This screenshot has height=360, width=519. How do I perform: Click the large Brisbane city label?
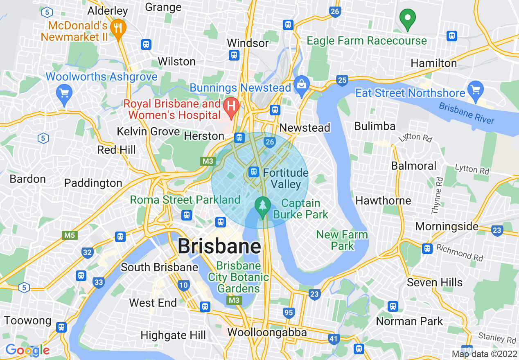click(x=219, y=247)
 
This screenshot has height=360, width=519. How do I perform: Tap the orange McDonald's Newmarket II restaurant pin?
click(x=118, y=28)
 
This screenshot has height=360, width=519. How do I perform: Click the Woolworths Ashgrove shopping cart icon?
click(x=64, y=92)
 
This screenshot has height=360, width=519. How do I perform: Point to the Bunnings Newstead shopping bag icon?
click(x=302, y=85)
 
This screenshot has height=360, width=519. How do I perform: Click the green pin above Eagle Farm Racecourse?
click(x=407, y=18)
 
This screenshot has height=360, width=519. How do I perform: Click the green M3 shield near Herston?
click(x=208, y=161)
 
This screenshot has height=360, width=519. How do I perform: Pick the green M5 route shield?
click(x=70, y=235)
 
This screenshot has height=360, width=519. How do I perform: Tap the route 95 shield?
click(x=289, y=313)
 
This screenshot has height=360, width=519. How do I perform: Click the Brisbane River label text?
click(x=467, y=113)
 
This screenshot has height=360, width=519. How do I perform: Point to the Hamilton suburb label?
click(x=433, y=63)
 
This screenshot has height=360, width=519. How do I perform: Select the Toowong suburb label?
click(x=27, y=320)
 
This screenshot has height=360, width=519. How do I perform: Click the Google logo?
click(x=27, y=350)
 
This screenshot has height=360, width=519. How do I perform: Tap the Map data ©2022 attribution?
click(x=484, y=354)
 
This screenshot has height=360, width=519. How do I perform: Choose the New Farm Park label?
click(x=342, y=240)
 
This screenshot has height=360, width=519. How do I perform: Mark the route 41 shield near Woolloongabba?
click(x=334, y=338)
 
